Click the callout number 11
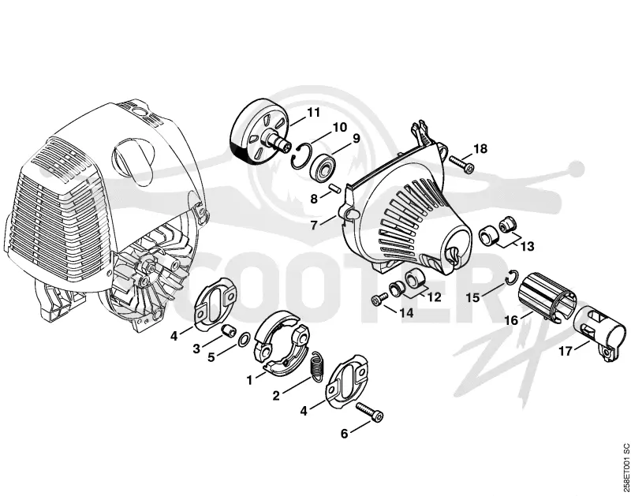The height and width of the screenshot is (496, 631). click(x=313, y=112)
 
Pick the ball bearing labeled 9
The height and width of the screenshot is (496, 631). click(x=323, y=166)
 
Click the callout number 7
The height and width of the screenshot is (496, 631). click(x=314, y=225)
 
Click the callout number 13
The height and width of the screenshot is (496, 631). click(x=528, y=245)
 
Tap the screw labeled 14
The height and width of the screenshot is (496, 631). click(x=379, y=299)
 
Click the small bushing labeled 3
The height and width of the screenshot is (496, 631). click(x=229, y=331)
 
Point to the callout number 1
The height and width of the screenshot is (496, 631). click(x=249, y=380)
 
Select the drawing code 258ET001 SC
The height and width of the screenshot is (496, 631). click(x=625, y=467)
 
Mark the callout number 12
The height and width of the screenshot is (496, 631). click(x=434, y=298)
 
